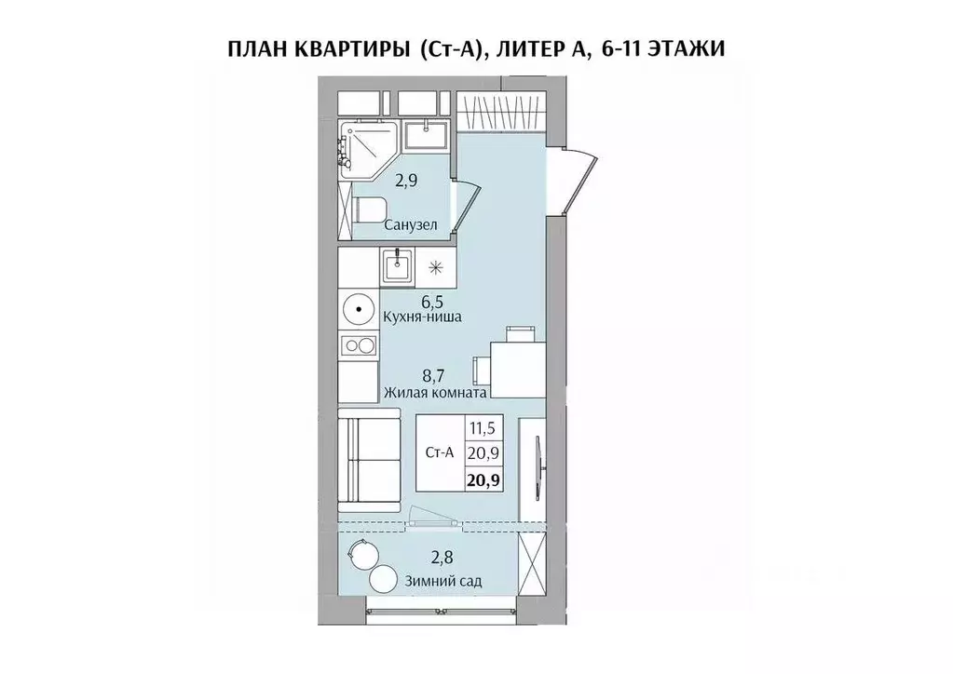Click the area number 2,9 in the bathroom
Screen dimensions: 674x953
(405, 181)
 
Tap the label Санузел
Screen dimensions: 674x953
(411, 225)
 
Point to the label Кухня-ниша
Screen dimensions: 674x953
(423, 317)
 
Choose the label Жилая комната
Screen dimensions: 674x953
(436, 394)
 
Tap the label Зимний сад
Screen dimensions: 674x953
(443, 581)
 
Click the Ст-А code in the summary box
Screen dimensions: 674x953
(438, 454)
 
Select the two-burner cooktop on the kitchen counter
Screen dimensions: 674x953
(359, 346)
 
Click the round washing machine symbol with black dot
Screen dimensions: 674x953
(359, 307)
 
